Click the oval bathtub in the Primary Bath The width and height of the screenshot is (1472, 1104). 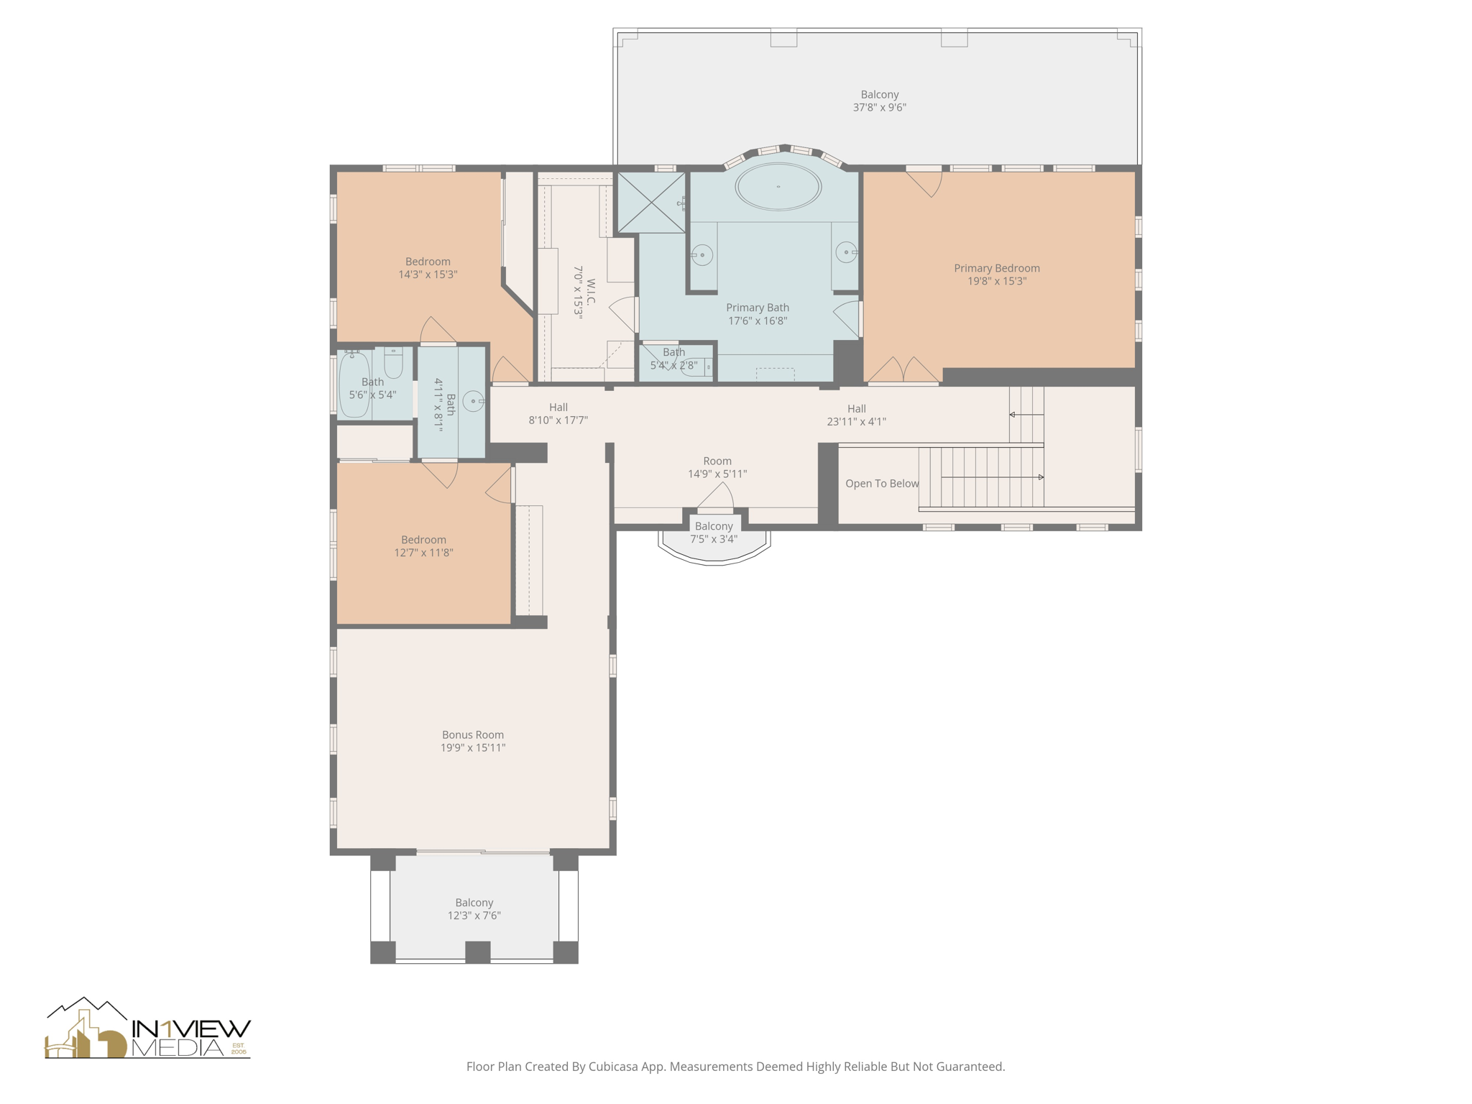point(778,187)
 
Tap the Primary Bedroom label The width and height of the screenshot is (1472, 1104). point(996,268)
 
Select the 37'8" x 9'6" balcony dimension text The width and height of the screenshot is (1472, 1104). point(879,108)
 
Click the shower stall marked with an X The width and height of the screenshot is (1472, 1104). point(651,203)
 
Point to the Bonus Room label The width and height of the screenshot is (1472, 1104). point(472,735)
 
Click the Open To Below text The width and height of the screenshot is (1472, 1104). point(881,484)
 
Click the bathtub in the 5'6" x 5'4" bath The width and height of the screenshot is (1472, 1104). point(354,385)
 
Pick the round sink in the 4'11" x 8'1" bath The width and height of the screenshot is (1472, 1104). point(473,401)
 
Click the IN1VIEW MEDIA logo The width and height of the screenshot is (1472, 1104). point(148,1029)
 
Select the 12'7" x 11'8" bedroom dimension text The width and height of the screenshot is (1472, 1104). point(423,553)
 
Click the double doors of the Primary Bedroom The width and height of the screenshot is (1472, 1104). point(903,371)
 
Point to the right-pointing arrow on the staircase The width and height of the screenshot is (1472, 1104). point(1040,477)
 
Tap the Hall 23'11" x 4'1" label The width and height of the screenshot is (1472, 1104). point(856,415)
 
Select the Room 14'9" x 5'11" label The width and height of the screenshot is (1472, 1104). point(717,467)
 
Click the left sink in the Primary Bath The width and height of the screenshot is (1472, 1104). point(702,254)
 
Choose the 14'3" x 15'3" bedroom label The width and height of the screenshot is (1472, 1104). point(428,268)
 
